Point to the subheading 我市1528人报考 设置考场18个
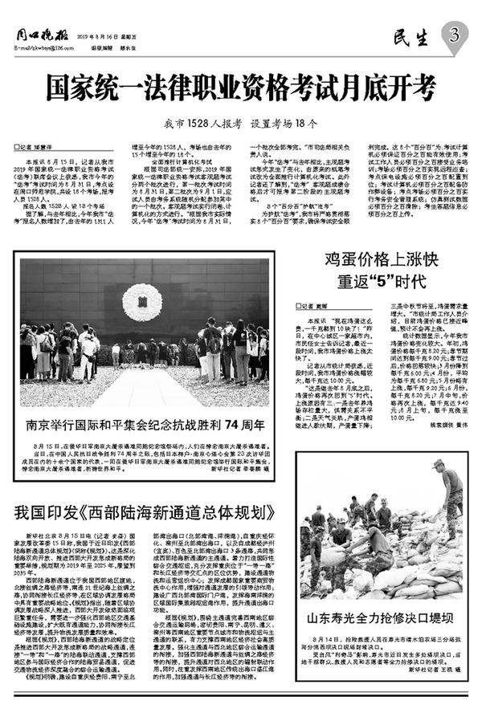point(240,124)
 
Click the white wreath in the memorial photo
point(142,301)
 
